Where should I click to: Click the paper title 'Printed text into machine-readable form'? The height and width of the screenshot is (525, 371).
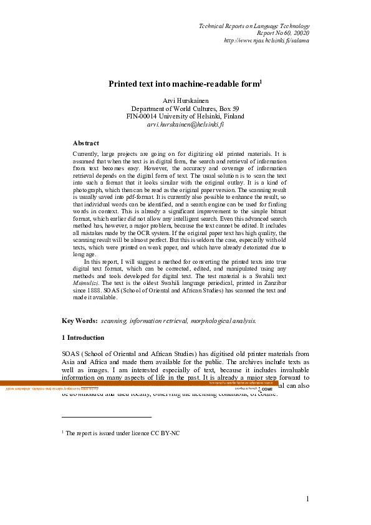pos(184,84)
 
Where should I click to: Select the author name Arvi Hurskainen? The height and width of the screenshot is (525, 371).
pos(185,101)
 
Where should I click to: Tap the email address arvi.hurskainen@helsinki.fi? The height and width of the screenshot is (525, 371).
pos(185,124)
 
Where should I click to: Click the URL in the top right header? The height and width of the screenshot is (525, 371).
pos(266,41)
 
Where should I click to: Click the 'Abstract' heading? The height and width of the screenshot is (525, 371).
pos(85,143)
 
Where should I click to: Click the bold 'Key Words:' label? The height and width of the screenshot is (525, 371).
pos(79,320)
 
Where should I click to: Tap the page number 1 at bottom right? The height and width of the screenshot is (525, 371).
pos(308,498)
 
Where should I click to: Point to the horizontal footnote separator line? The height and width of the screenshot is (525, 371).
pos(107,417)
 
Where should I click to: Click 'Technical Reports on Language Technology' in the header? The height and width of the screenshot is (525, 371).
pos(253,26)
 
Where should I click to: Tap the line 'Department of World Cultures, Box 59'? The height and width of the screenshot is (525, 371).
pos(185,108)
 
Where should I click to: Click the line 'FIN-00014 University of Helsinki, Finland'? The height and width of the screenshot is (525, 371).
pos(185,116)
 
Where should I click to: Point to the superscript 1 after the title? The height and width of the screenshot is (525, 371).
pos(261,80)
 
